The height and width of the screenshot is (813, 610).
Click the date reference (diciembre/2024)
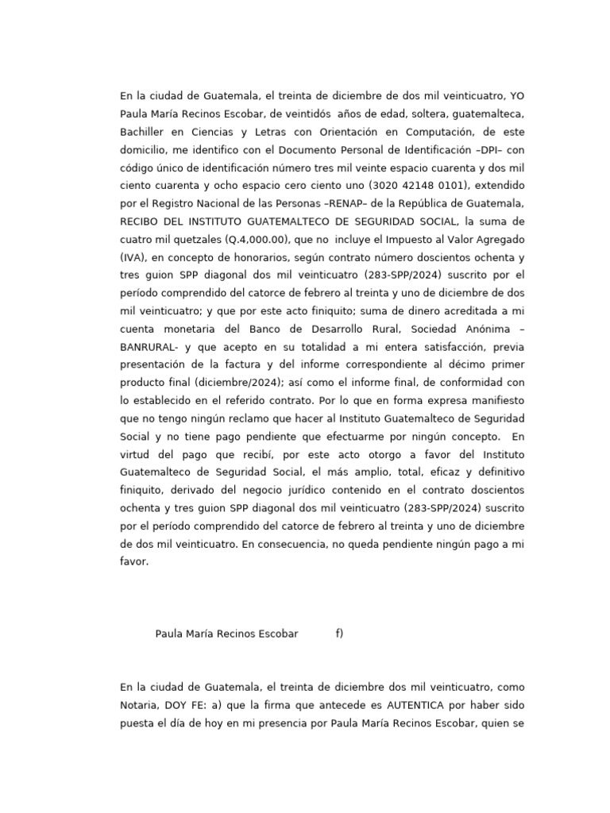click(219, 382)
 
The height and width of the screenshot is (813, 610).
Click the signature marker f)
click(339, 634)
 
